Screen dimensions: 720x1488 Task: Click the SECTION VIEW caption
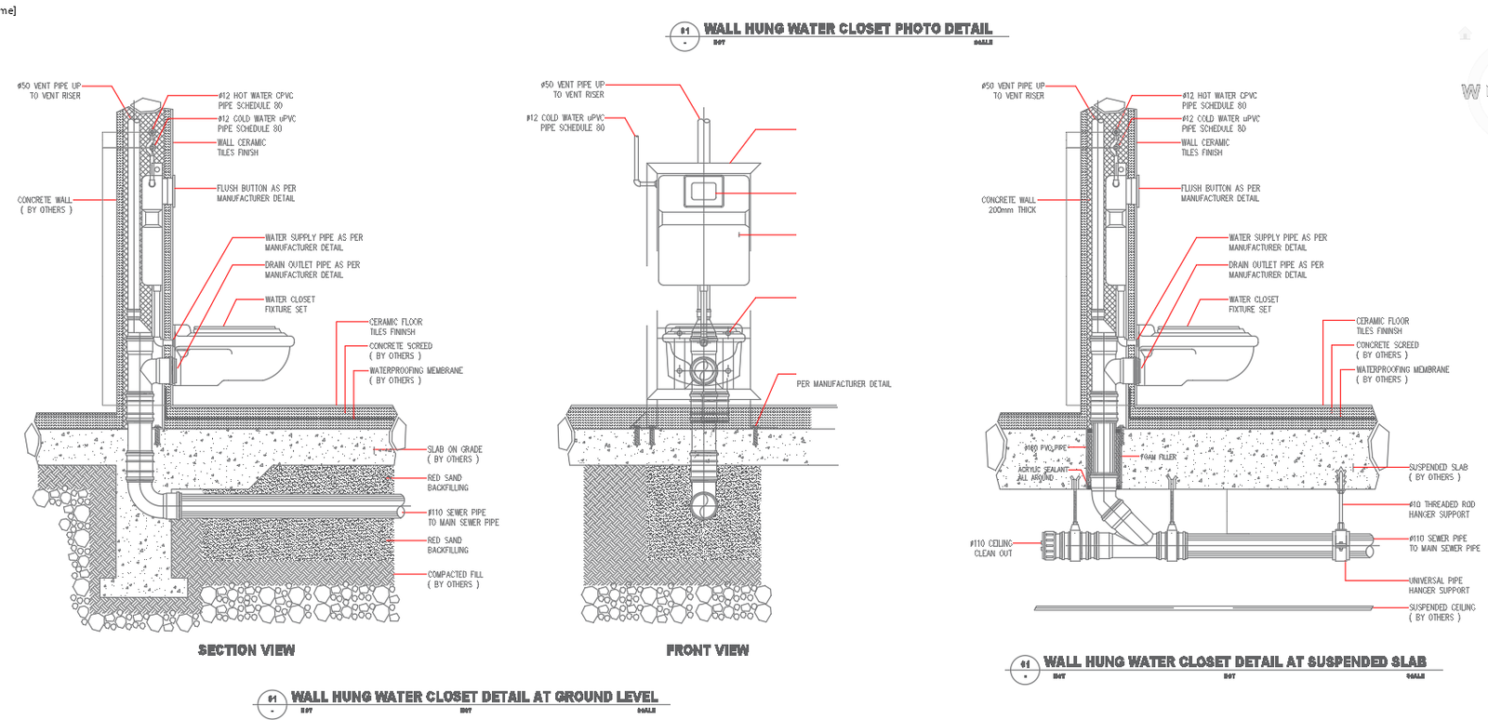[x=246, y=650]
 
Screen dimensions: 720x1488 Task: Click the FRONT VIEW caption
[x=707, y=650]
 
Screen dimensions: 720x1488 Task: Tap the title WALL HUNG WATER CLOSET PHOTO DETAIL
[x=847, y=29]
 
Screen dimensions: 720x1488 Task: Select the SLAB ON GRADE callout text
[x=454, y=454]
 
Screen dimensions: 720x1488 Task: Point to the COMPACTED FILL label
[x=454, y=580]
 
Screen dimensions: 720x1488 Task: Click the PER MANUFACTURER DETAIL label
[x=843, y=384]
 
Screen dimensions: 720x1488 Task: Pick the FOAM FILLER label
[x=1158, y=457]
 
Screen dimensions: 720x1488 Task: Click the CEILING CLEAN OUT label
[x=991, y=548]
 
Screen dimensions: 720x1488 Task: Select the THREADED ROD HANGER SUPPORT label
[x=1441, y=509]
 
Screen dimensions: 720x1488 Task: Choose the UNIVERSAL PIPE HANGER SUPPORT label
[x=1439, y=585]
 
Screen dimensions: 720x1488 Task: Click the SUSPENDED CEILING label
[x=1441, y=612]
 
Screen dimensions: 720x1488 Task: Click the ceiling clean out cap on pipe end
[x=1049, y=544]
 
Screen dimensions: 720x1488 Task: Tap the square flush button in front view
[x=703, y=193]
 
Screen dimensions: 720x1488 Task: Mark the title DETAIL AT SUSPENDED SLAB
[x=1234, y=661]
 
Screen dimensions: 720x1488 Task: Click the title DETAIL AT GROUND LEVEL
[x=473, y=696]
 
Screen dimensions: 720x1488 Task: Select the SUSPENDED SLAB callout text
[x=1437, y=472]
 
